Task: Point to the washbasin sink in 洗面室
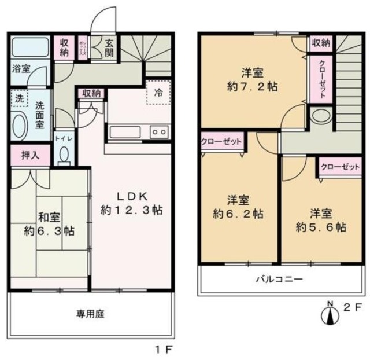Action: click(x=19, y=123)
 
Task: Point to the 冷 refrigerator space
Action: click(x=158, y=92)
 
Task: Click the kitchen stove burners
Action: click(x=158, y=133)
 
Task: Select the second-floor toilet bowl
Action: click(x=319, y=116)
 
